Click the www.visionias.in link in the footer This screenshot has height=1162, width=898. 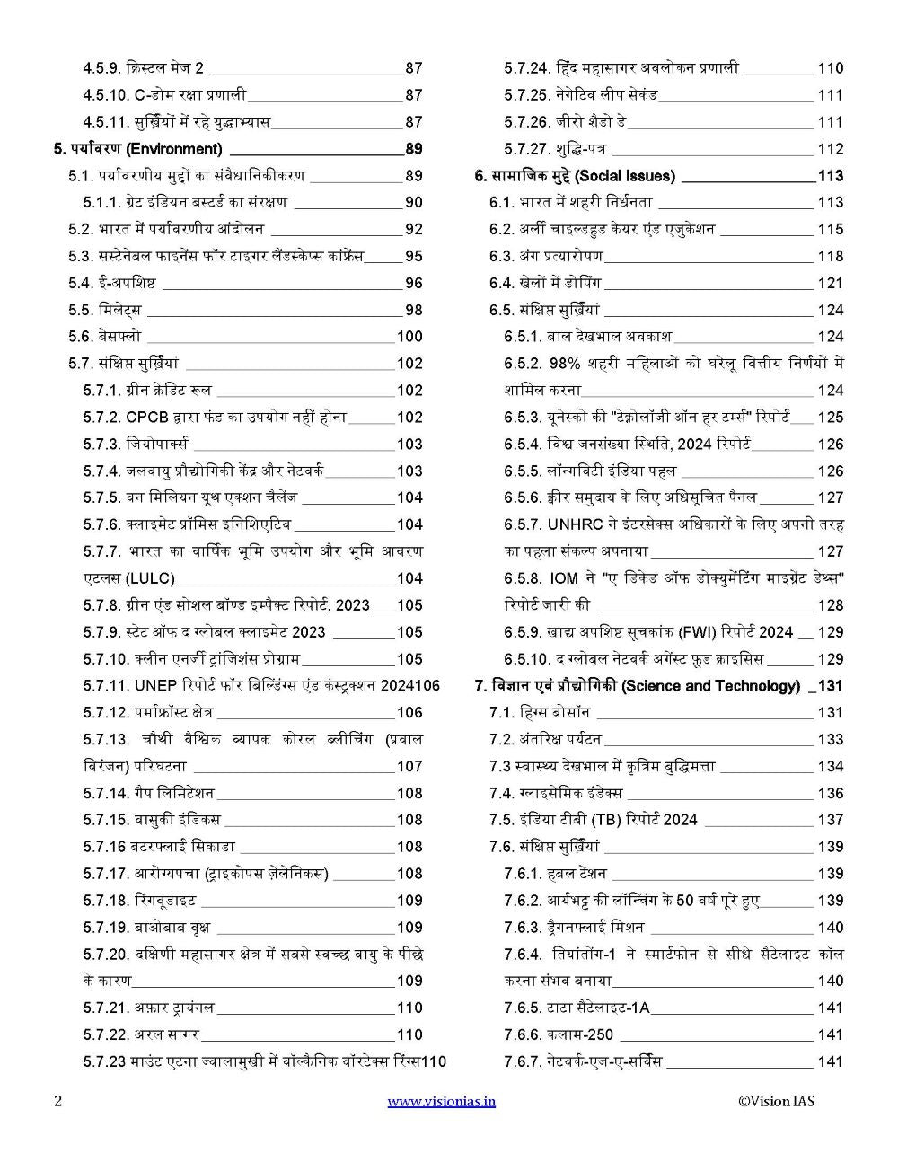441,1101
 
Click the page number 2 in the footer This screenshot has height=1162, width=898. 57,1101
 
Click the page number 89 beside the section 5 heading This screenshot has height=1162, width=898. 413,149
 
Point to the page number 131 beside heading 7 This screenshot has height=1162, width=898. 831,686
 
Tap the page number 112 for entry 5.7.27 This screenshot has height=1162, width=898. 831,149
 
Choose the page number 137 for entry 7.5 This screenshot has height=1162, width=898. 831,820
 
